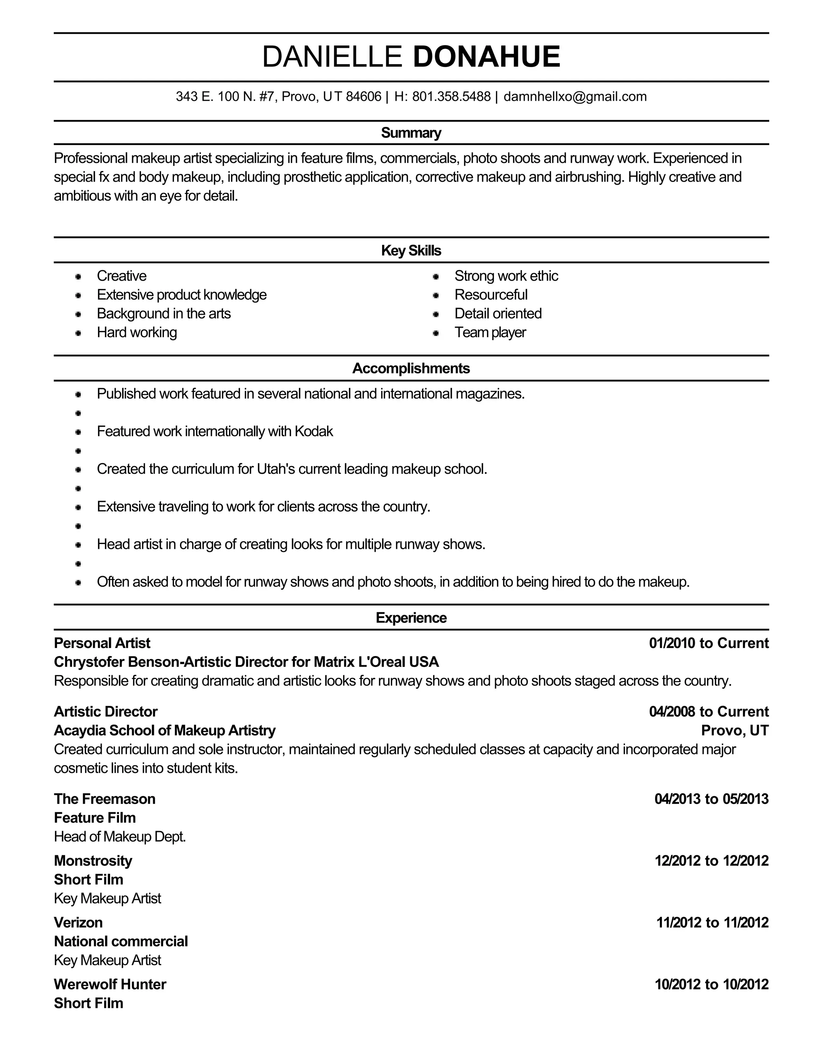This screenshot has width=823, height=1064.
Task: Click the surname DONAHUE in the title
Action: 486,57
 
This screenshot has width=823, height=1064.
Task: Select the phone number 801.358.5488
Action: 451,96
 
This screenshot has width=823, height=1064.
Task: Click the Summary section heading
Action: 411,132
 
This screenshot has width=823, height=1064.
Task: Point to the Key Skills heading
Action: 411,251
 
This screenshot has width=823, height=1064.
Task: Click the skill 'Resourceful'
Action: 491,295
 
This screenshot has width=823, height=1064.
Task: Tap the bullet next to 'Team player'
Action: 436,333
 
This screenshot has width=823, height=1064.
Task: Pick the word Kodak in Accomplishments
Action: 313,431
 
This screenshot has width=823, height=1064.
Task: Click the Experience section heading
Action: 411,618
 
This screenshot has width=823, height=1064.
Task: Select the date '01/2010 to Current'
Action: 708,643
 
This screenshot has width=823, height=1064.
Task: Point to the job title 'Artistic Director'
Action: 105,712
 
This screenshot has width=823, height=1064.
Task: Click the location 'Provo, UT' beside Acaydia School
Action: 734,730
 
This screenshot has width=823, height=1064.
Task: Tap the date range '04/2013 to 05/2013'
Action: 711,799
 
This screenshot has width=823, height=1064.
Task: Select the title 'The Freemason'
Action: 104,799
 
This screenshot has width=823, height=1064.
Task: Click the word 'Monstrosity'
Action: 93,861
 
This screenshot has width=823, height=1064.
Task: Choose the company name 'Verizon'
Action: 78,923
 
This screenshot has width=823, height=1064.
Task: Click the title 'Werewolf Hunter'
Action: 110,985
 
